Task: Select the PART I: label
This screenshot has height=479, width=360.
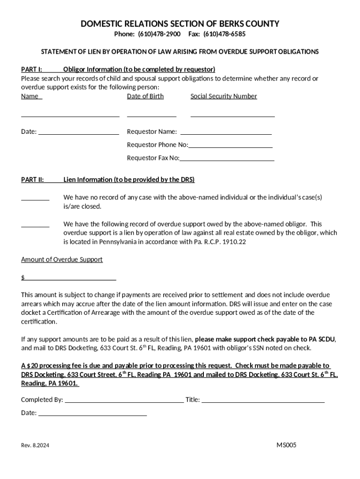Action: (32, 69)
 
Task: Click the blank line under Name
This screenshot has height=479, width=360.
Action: (70, 116)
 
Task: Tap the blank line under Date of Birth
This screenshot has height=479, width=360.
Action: (151, 116)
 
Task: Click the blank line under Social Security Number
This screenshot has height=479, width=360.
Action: (232, 116)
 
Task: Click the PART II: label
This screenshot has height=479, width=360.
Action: (33, 180)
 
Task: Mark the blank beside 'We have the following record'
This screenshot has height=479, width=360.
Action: (35, 226)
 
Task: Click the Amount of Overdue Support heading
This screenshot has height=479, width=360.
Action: (62, 260)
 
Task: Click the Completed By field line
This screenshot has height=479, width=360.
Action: (124, 401)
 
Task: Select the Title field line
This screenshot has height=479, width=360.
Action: (263, 401)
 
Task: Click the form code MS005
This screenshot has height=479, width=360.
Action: (286, 445)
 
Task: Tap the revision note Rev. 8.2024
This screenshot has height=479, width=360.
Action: (35, 446)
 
